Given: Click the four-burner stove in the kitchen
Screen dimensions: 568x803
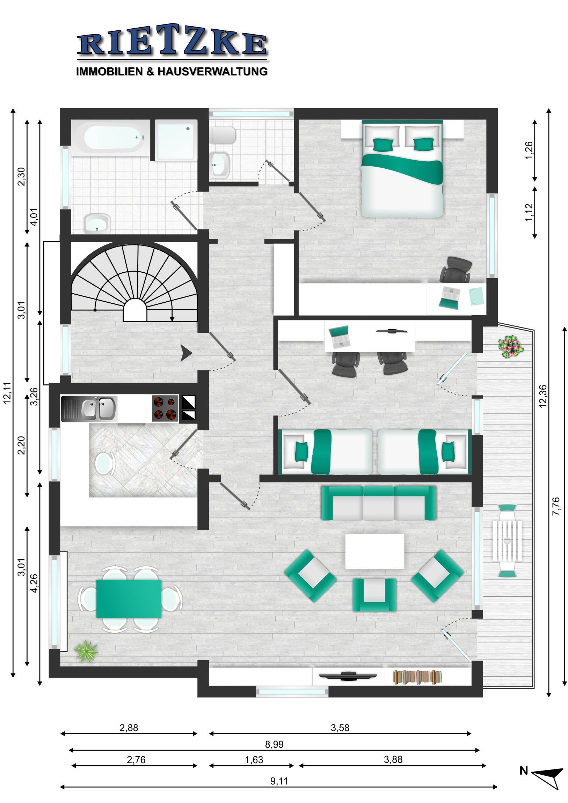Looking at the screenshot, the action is tap(165, 408).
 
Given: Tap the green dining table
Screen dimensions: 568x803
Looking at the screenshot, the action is tap(129, 599).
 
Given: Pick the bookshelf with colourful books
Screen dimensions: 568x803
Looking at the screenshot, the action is tap(416, 677).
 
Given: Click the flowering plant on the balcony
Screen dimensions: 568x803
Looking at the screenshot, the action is tap(511, 346).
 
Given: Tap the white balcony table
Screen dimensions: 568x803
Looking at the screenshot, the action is tap(507, 541).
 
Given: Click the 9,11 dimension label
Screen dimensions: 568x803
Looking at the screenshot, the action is tap(279, 781).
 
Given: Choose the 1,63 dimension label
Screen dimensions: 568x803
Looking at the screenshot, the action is tap(254, 760).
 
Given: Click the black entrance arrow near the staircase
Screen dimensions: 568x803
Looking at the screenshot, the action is tap(186, 353).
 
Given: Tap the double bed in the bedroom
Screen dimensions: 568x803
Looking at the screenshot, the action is tap(402, 168).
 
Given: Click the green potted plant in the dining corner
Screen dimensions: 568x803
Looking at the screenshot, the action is tap(86, 651).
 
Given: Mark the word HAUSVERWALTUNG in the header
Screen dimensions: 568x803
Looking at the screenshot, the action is tap(212, 71).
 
